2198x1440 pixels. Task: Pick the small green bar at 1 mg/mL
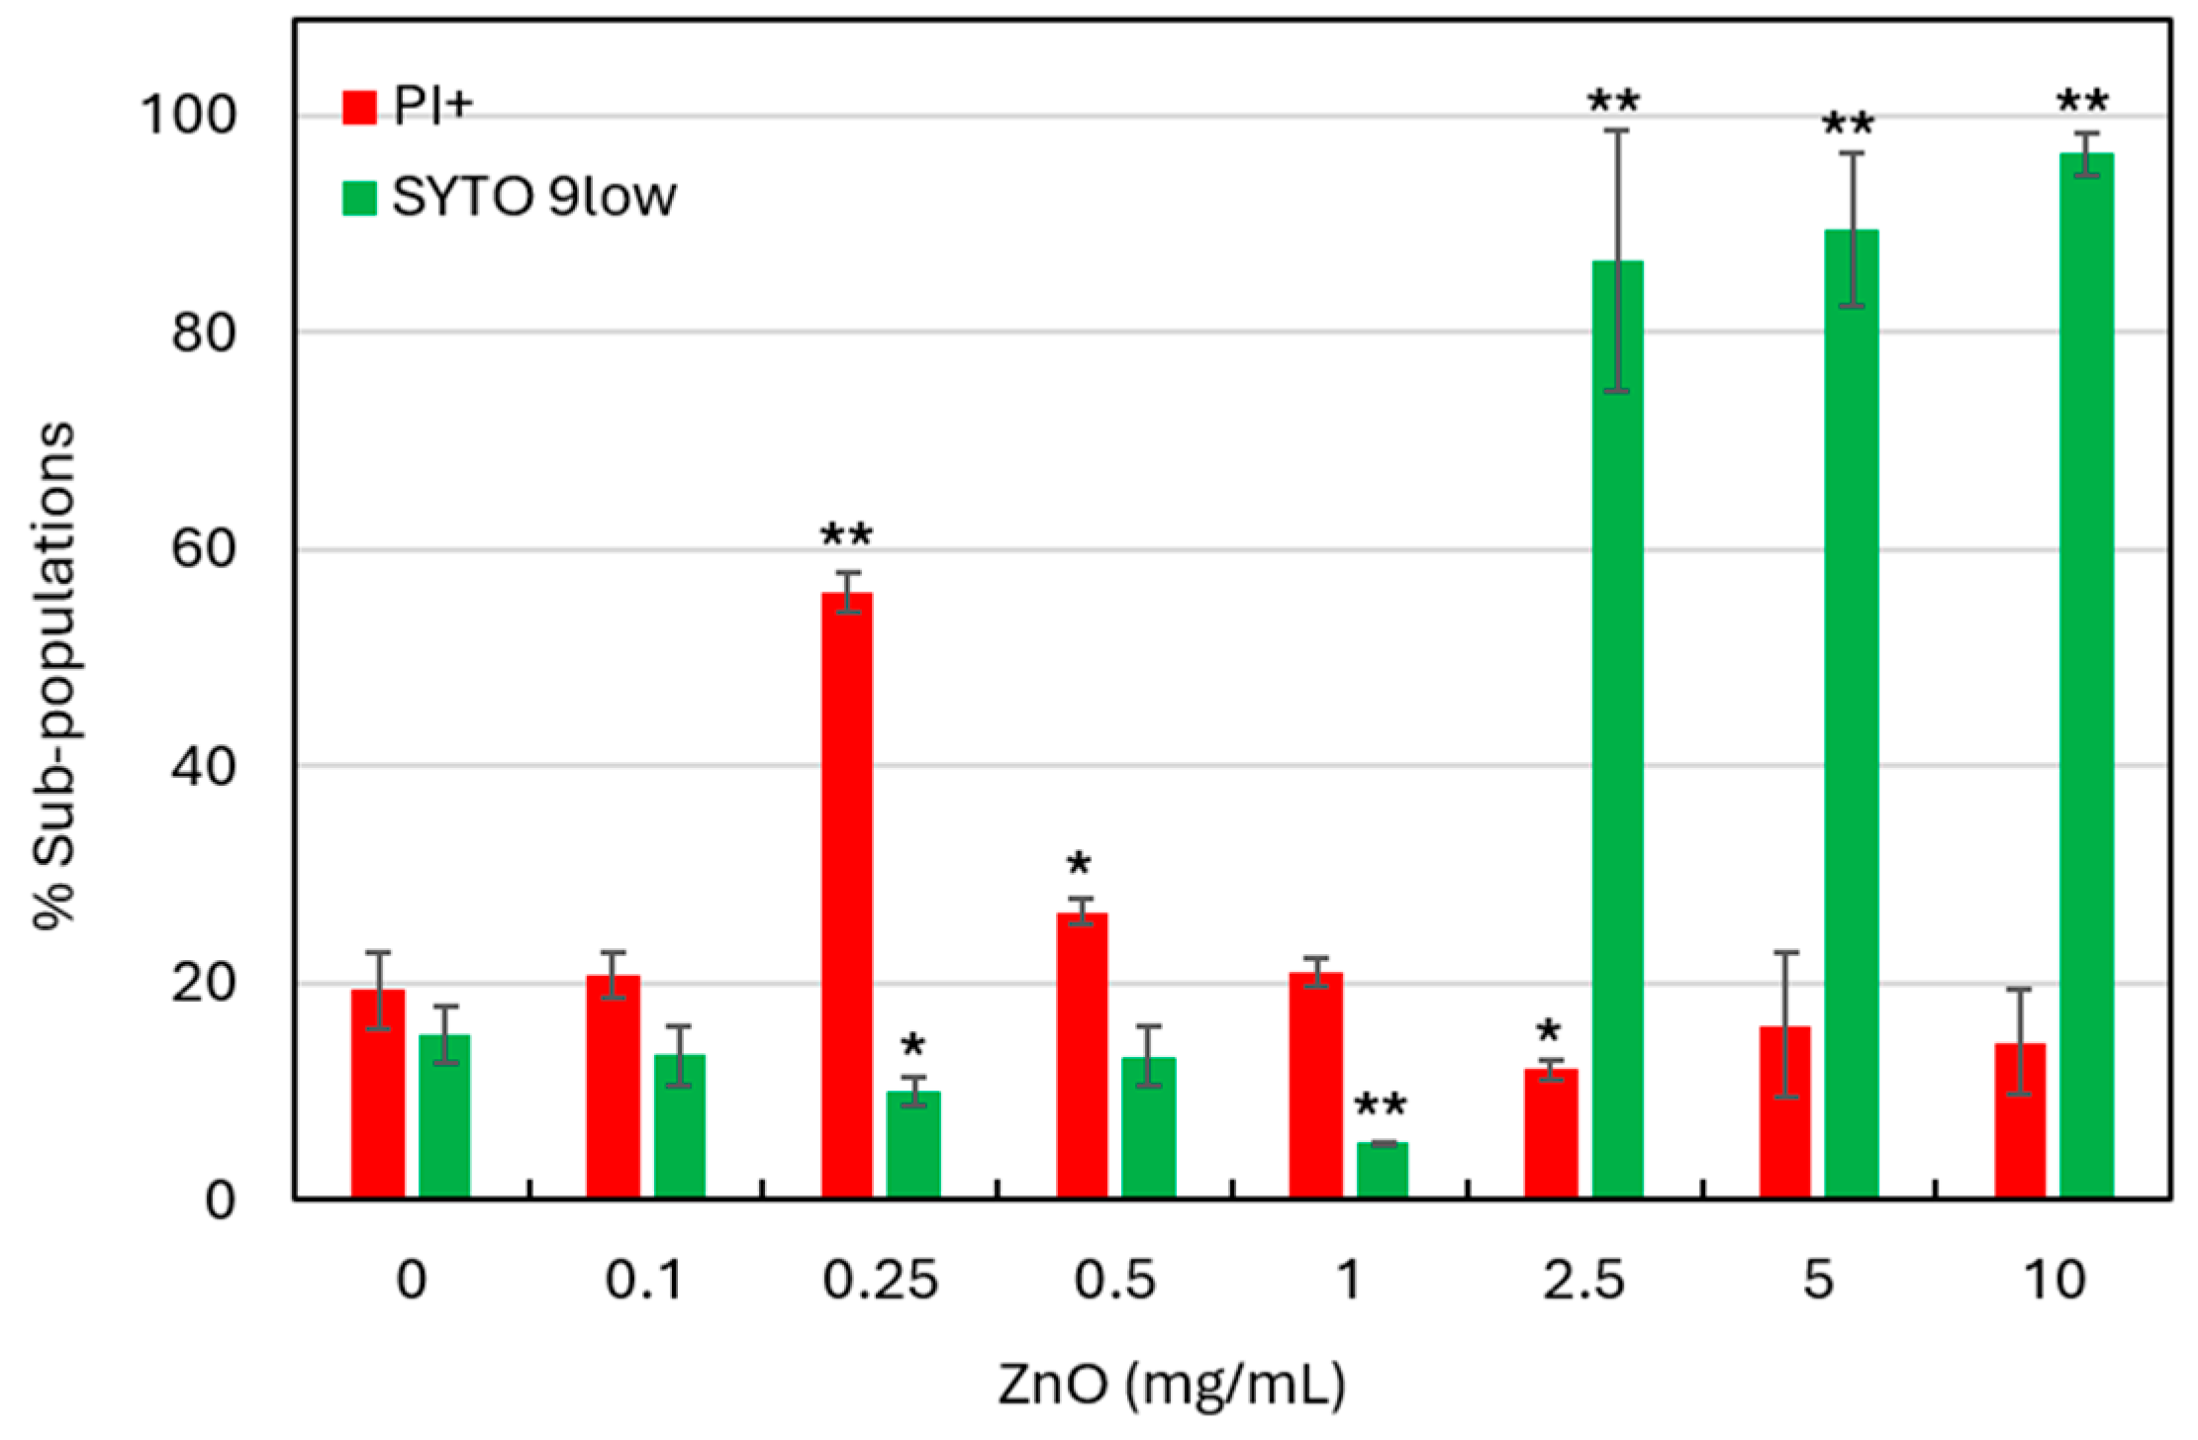pyautogui.click(x=1382, y=1171)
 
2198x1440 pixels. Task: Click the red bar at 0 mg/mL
pyautogui.click(x=378, y=1094)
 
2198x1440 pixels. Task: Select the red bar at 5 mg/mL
pyautogui.click(x=1784, y=1112)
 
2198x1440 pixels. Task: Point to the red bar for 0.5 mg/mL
pyautogui.click(x=1082, y=1055)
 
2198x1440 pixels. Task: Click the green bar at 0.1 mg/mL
pyautogui.click(x=679, y=1126)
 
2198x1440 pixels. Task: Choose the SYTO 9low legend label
pyautogui.click(x=534, y=197)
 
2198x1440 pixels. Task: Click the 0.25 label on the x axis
pyautogui.click(x=880, y=1281)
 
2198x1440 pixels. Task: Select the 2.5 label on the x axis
pyautogui.click(x=1583, y=1281)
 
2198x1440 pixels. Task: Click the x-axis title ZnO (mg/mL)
pyautogui.click(x=1172, y=1385)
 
